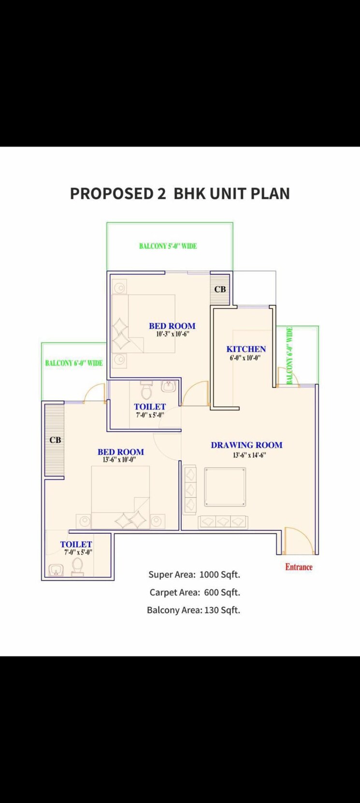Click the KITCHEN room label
pyautogui.click(x=246, y=349)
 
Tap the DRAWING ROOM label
pyautogui.click(x=246, y=445)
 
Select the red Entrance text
pyautogui.click(x=299, y=567)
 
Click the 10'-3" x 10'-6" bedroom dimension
pyautogui.click(x=172, y=334)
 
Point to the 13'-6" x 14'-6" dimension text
pyautogui.click(x=249, y=455)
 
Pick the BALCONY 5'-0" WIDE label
pyautogui.click(x=168, y=246)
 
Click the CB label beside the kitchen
pyautogui.click(x=220, y=289)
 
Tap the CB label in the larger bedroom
pyautogui.click(x=55, y=440)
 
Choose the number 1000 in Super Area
pyautogui.click(x=209, y=575)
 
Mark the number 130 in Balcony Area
pyautogui.click(x=212, y=610)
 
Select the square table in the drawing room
pyautogui.click(x=225, y=487)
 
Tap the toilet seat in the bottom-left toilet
pyautogui.click(x=77, y=567)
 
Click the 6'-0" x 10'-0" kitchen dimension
pyautogui.click(x=245, y=358)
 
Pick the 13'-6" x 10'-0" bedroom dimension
pyautogui.click(x=119, y=460)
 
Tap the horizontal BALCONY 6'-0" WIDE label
pyautogui.click(x=74, y=363)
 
